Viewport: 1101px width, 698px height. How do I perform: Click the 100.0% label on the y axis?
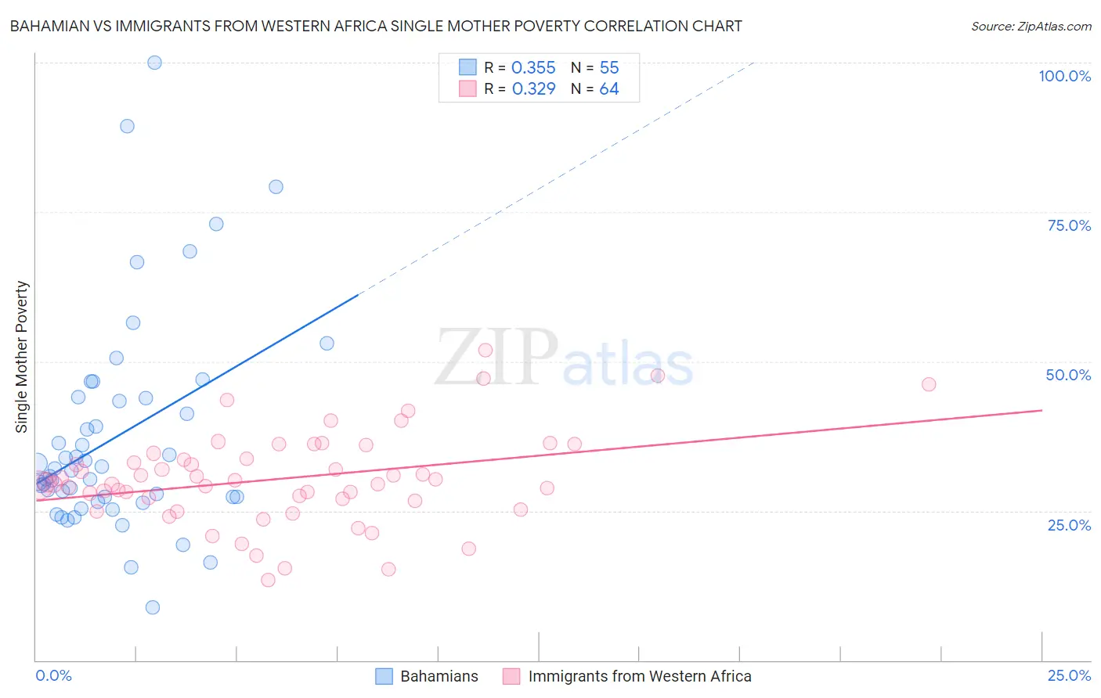point(1064,76)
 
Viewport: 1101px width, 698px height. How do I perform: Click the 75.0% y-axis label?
point(1069,225)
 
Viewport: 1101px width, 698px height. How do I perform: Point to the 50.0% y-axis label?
point(1068,375)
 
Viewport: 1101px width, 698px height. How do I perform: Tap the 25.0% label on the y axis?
point(1069,524)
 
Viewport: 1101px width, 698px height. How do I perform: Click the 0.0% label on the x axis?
point(53,675)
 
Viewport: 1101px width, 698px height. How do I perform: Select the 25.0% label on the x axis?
point(1069,675)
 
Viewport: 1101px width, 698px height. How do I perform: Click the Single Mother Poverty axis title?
point(22,357)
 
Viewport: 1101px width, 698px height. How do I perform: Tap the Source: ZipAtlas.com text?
point(1031,26)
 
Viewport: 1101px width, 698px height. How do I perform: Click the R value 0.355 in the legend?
point(533,68)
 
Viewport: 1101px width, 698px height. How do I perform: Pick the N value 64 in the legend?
point(608,89)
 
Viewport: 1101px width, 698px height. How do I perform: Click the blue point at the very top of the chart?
point(155,63)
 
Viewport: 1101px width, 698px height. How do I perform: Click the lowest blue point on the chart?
point(153,607)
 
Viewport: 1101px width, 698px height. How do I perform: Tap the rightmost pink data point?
point(929,384)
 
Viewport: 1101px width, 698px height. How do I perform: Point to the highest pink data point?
point(486,351)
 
